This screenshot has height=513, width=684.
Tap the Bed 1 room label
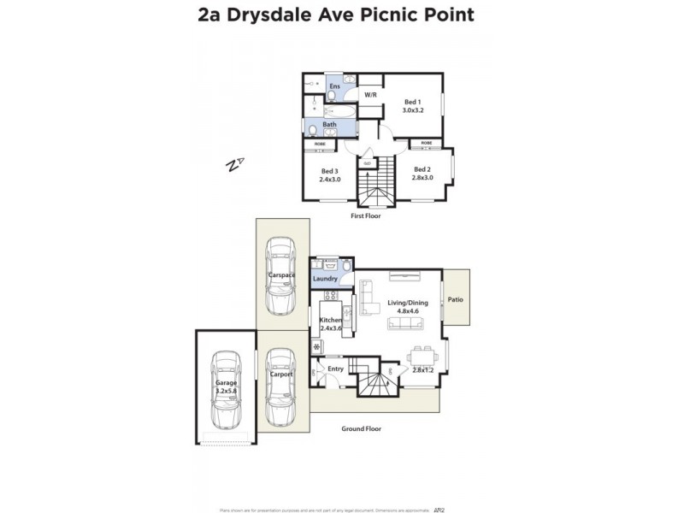click(x=413, y=103)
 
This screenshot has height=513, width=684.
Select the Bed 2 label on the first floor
click(x=422, y=169)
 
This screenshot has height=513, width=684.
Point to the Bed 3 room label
click(x=330, y=171)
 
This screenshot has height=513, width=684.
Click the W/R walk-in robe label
click(x=370, y=95)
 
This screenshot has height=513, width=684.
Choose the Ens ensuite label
click(x=334, y=86)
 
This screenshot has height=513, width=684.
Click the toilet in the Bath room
click(x=314, y=129)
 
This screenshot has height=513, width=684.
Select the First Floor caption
click(x=366, y=216)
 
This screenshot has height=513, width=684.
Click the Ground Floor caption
click(x=361, y=428)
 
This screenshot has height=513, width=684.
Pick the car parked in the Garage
click(x=225, y=391)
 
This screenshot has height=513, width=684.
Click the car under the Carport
click(x=280, y=387)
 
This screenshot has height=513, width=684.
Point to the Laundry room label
click(x=325, y=279)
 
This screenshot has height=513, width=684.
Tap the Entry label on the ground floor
click(x=336, y=369)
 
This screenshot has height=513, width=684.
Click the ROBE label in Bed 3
click(x=319, y=144)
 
